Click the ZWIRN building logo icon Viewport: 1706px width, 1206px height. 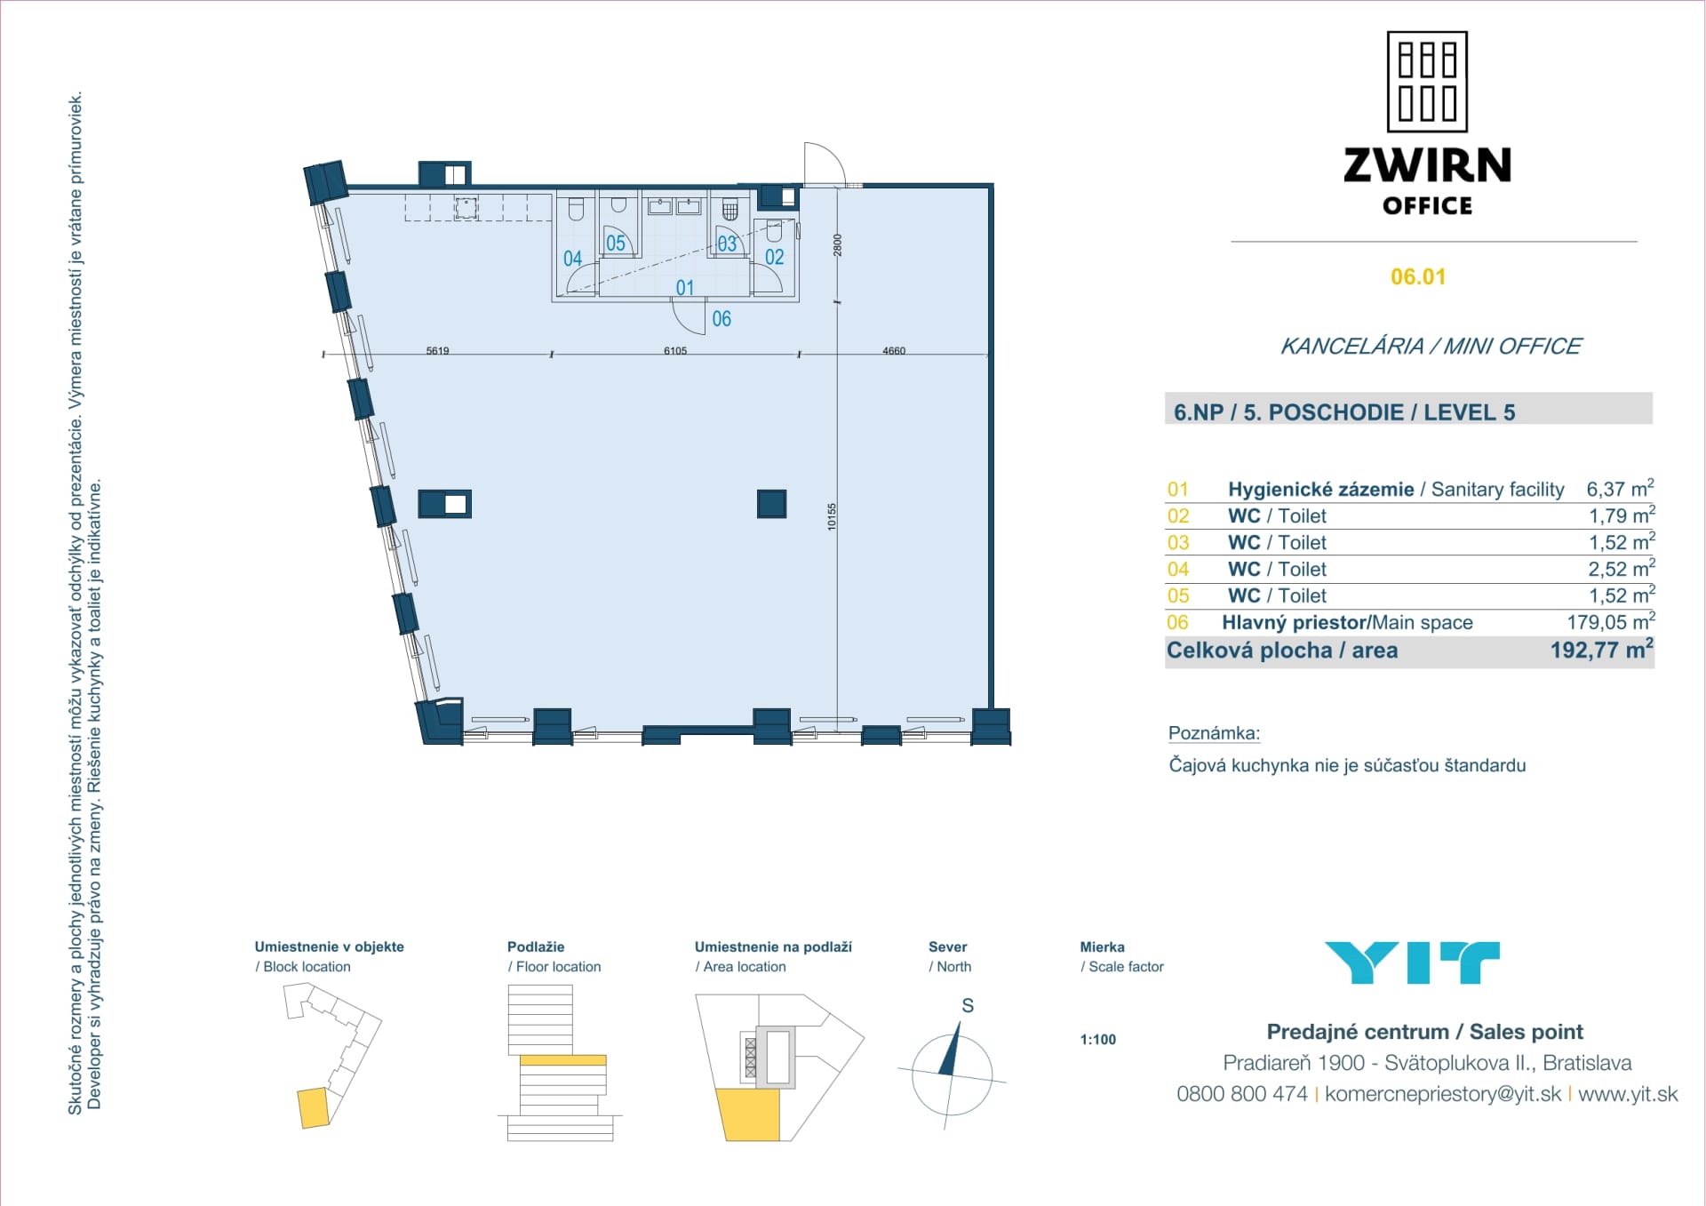1427,82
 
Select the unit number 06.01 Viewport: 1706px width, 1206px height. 1418,276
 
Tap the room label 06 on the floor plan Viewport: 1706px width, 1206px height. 721,319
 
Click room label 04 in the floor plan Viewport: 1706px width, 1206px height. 572,259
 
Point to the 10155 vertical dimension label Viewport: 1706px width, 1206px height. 832,516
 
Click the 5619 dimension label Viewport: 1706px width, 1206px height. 437,351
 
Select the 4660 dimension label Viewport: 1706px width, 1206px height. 894,351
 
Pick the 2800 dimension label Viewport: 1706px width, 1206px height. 837,245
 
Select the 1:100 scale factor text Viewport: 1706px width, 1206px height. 1097,1040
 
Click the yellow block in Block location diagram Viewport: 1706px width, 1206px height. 313,1108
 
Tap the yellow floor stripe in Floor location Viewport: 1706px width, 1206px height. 562,1060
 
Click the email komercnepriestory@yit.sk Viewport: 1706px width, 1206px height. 1442,1094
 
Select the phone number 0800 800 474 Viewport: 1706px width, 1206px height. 1241,1094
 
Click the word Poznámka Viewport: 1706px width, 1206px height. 1214,733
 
